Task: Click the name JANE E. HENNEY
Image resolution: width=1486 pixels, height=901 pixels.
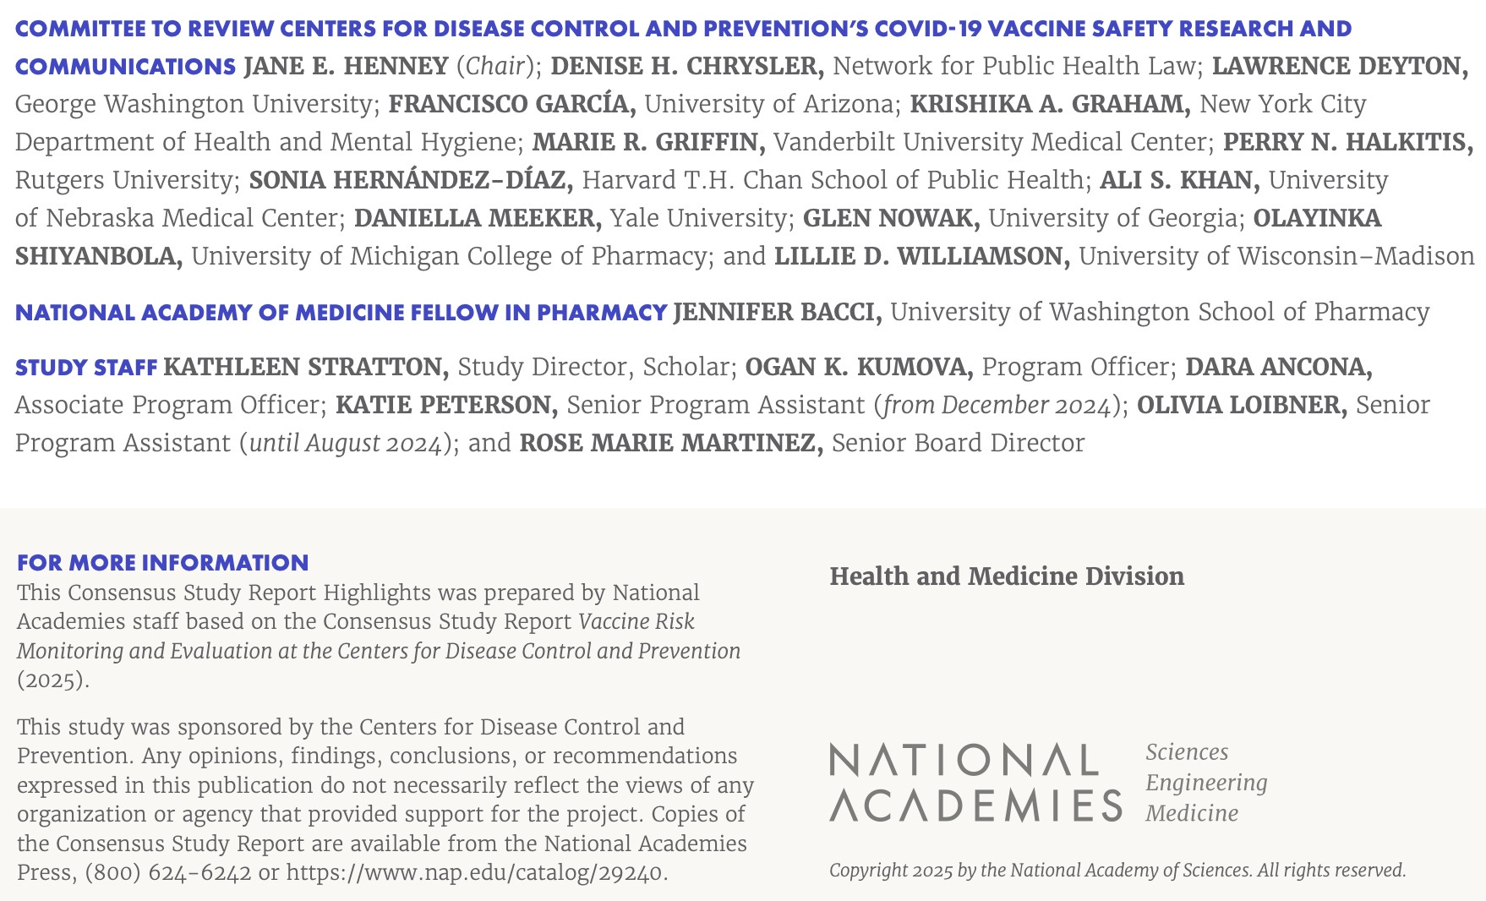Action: [346, 66]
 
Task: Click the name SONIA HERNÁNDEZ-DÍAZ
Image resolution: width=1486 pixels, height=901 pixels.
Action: [411, 180]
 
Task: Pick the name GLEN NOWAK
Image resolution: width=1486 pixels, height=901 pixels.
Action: [891, 218]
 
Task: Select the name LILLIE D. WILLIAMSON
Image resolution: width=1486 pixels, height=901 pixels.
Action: [922, 256]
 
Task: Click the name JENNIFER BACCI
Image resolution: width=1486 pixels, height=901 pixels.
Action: [778, 312]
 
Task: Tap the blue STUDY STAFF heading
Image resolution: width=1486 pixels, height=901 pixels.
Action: [86, 368]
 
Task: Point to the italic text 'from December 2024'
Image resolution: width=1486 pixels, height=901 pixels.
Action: [997, 405]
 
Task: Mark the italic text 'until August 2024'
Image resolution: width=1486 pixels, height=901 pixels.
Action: [346, 443]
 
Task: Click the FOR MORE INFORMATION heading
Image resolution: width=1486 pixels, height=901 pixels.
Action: [163, 563]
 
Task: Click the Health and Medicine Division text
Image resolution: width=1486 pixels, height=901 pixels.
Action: [1007, 576]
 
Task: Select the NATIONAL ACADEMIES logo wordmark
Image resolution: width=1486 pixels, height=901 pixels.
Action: [975, 783]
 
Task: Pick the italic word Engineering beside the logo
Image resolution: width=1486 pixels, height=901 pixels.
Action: [1206, 783]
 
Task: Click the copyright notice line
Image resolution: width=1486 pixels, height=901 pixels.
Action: [1117, 871]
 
